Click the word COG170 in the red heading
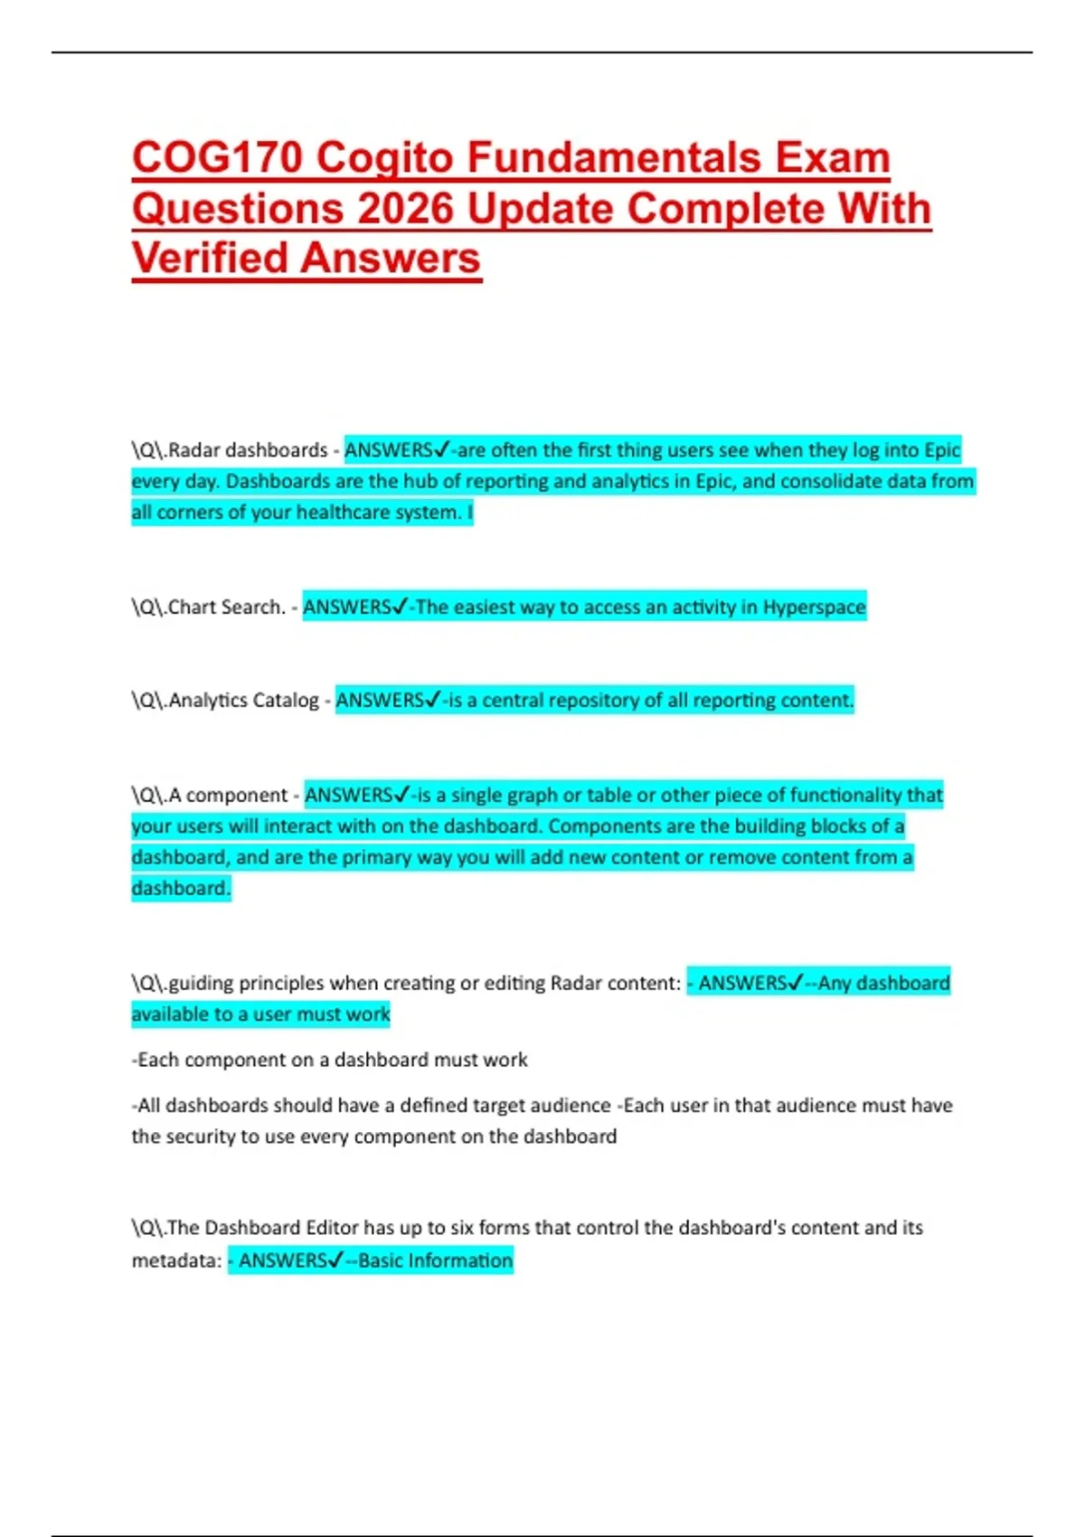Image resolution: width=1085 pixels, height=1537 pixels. click(x=217, y=158)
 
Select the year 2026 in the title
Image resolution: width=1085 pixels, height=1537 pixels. click(x=405, y=209)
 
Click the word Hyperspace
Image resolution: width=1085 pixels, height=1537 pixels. click(x=814, y=608)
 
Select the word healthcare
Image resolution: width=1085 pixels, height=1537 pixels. click(x=343, y=513)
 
